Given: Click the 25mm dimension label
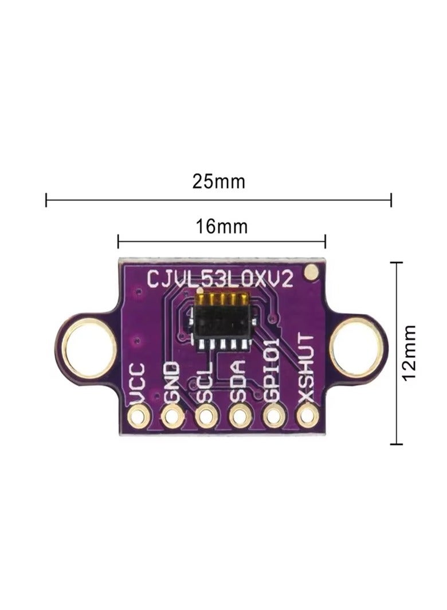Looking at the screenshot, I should [x=218, y=182].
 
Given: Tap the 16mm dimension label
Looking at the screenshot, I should [x=222, y=227].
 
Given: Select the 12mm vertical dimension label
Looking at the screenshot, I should [x=409, y=352].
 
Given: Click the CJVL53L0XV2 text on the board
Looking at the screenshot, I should [x=221, y=279].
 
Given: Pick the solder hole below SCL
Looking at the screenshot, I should [x=206, y=416].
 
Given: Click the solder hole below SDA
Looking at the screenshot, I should [x=240, y=416].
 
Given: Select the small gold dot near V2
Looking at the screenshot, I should [x=311, y=272].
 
